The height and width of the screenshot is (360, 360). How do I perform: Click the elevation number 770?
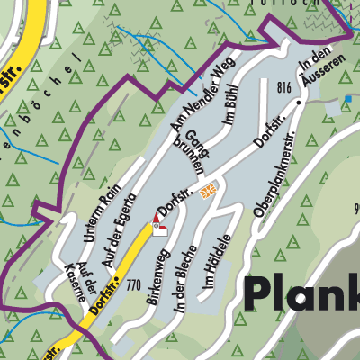pyautogui.click(x=135, y=285)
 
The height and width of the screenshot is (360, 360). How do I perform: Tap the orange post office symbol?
pyautogui.click(x=209, y=189)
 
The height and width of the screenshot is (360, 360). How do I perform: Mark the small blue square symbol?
pyautogui.click(x=347, y=98)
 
